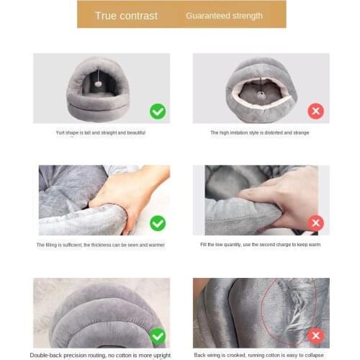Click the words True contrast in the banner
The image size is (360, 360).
click(x=126, y=16)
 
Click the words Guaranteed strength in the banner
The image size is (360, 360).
click(x=224, y=16)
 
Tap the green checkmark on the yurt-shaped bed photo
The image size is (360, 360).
click(x=158, y=112)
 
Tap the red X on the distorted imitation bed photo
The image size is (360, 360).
click(x=316, y=111)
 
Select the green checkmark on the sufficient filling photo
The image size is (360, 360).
click(x=158, y=223)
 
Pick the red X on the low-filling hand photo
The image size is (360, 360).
click(x=316, y=223)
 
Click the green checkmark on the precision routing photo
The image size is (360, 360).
click(x=158, y=336)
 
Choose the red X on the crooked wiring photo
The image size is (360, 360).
click(x=316, y=336)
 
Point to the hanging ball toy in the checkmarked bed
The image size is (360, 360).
click(x=98, y=84)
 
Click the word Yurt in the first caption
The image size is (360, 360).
click(x=60, y=132)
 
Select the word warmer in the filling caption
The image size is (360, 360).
click(x=156, y=245)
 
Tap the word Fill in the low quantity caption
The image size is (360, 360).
click(x=204, y=245)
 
